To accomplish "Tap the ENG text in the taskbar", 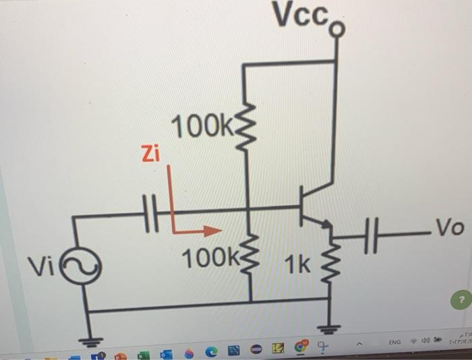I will [395, 324].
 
